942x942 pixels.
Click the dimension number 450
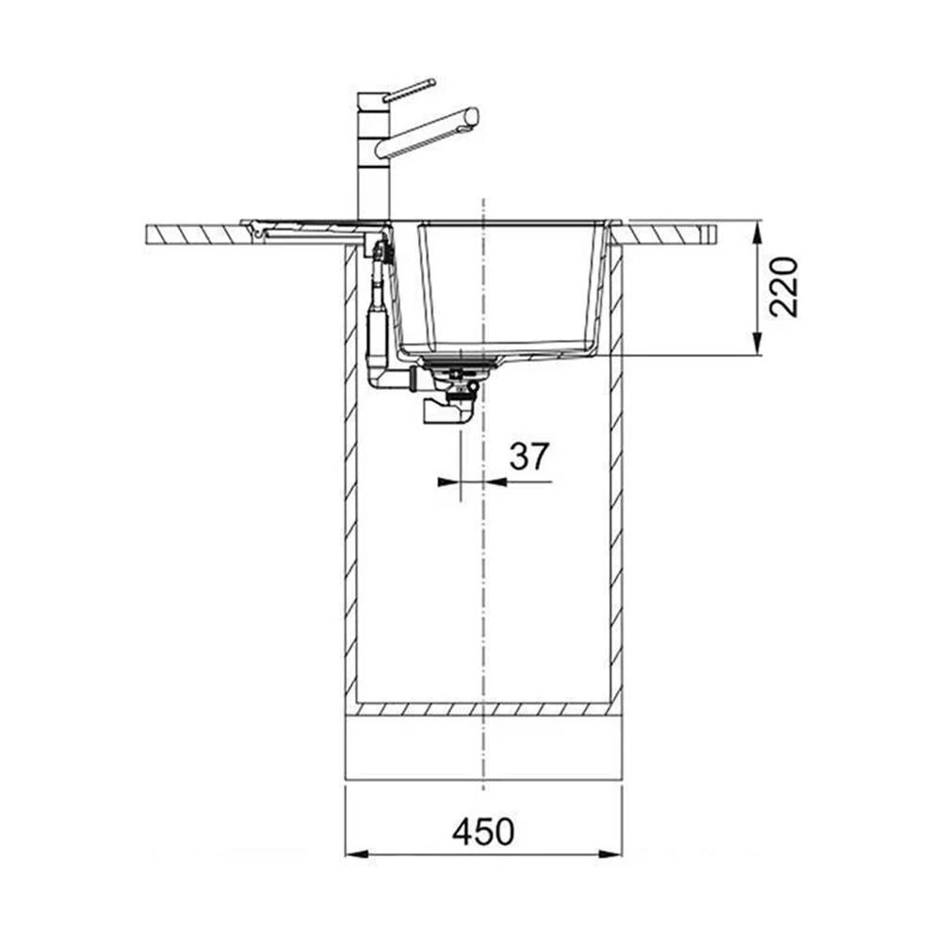483,831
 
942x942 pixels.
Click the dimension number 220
784,287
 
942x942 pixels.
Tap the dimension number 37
529,456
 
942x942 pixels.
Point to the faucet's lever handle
409,89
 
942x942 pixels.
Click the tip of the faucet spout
474,117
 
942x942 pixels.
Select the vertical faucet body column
374,156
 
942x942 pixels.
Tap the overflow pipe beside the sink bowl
379,313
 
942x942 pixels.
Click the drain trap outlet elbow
446,412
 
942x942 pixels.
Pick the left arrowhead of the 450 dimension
357,854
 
